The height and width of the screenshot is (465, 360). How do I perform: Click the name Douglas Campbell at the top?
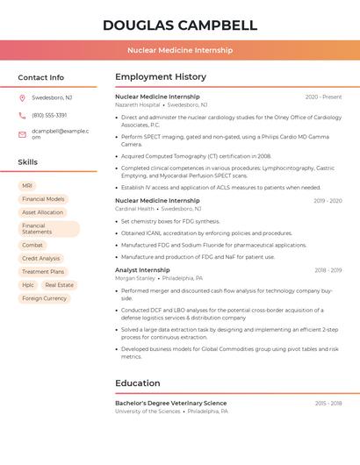(180, 25)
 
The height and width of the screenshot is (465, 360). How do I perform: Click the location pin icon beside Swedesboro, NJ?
(22, 97)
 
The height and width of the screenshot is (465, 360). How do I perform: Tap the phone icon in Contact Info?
(22, 115)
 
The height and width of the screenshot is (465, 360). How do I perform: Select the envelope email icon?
(22, 133)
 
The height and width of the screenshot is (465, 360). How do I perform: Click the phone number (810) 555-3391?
(49, 115)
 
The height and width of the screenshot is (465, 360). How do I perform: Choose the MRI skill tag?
(27, 186)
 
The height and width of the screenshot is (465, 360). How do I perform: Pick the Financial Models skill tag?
(43, 199)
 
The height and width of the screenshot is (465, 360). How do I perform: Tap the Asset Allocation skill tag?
(42, 212)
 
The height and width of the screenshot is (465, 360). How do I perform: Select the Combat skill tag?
(32, 245)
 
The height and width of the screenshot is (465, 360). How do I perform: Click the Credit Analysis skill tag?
(41, 258)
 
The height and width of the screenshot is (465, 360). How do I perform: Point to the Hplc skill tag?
(28, 285)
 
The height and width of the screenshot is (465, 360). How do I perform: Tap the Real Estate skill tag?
(60, 285)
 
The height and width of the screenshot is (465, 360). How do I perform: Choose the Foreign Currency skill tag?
(44, 298)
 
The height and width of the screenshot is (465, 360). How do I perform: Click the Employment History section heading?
(161, 77)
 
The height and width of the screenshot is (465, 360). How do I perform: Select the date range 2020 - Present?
(323, 97)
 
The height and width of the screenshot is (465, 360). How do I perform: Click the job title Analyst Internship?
(142, 270)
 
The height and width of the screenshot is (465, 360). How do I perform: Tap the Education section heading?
(138, 383)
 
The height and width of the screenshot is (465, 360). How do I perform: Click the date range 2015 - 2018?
(328, 403)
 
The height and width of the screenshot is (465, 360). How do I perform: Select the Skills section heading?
(28, 162)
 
